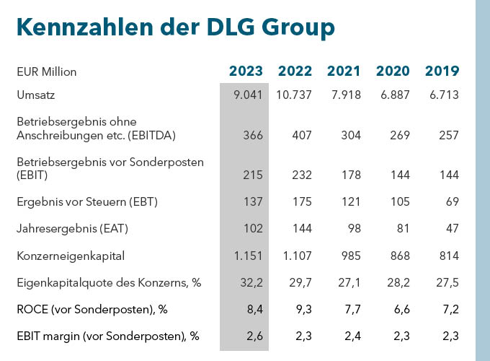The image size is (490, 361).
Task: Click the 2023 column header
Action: [246, 71]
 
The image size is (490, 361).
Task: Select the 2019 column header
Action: [442, 71]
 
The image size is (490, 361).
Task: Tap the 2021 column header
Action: [344, 71]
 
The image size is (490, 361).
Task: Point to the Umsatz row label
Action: [36, 95]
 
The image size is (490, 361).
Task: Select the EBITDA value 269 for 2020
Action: [398, 135]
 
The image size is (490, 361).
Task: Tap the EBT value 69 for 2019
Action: [452, 201]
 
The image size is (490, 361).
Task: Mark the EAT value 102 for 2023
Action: [251, 229]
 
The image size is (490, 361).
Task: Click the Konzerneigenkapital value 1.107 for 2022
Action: [295, 256]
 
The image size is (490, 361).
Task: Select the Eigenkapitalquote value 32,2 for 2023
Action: [251, 282]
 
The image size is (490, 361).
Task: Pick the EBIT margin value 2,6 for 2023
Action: [254, 336]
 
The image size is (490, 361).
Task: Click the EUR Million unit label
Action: [46, 71]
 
